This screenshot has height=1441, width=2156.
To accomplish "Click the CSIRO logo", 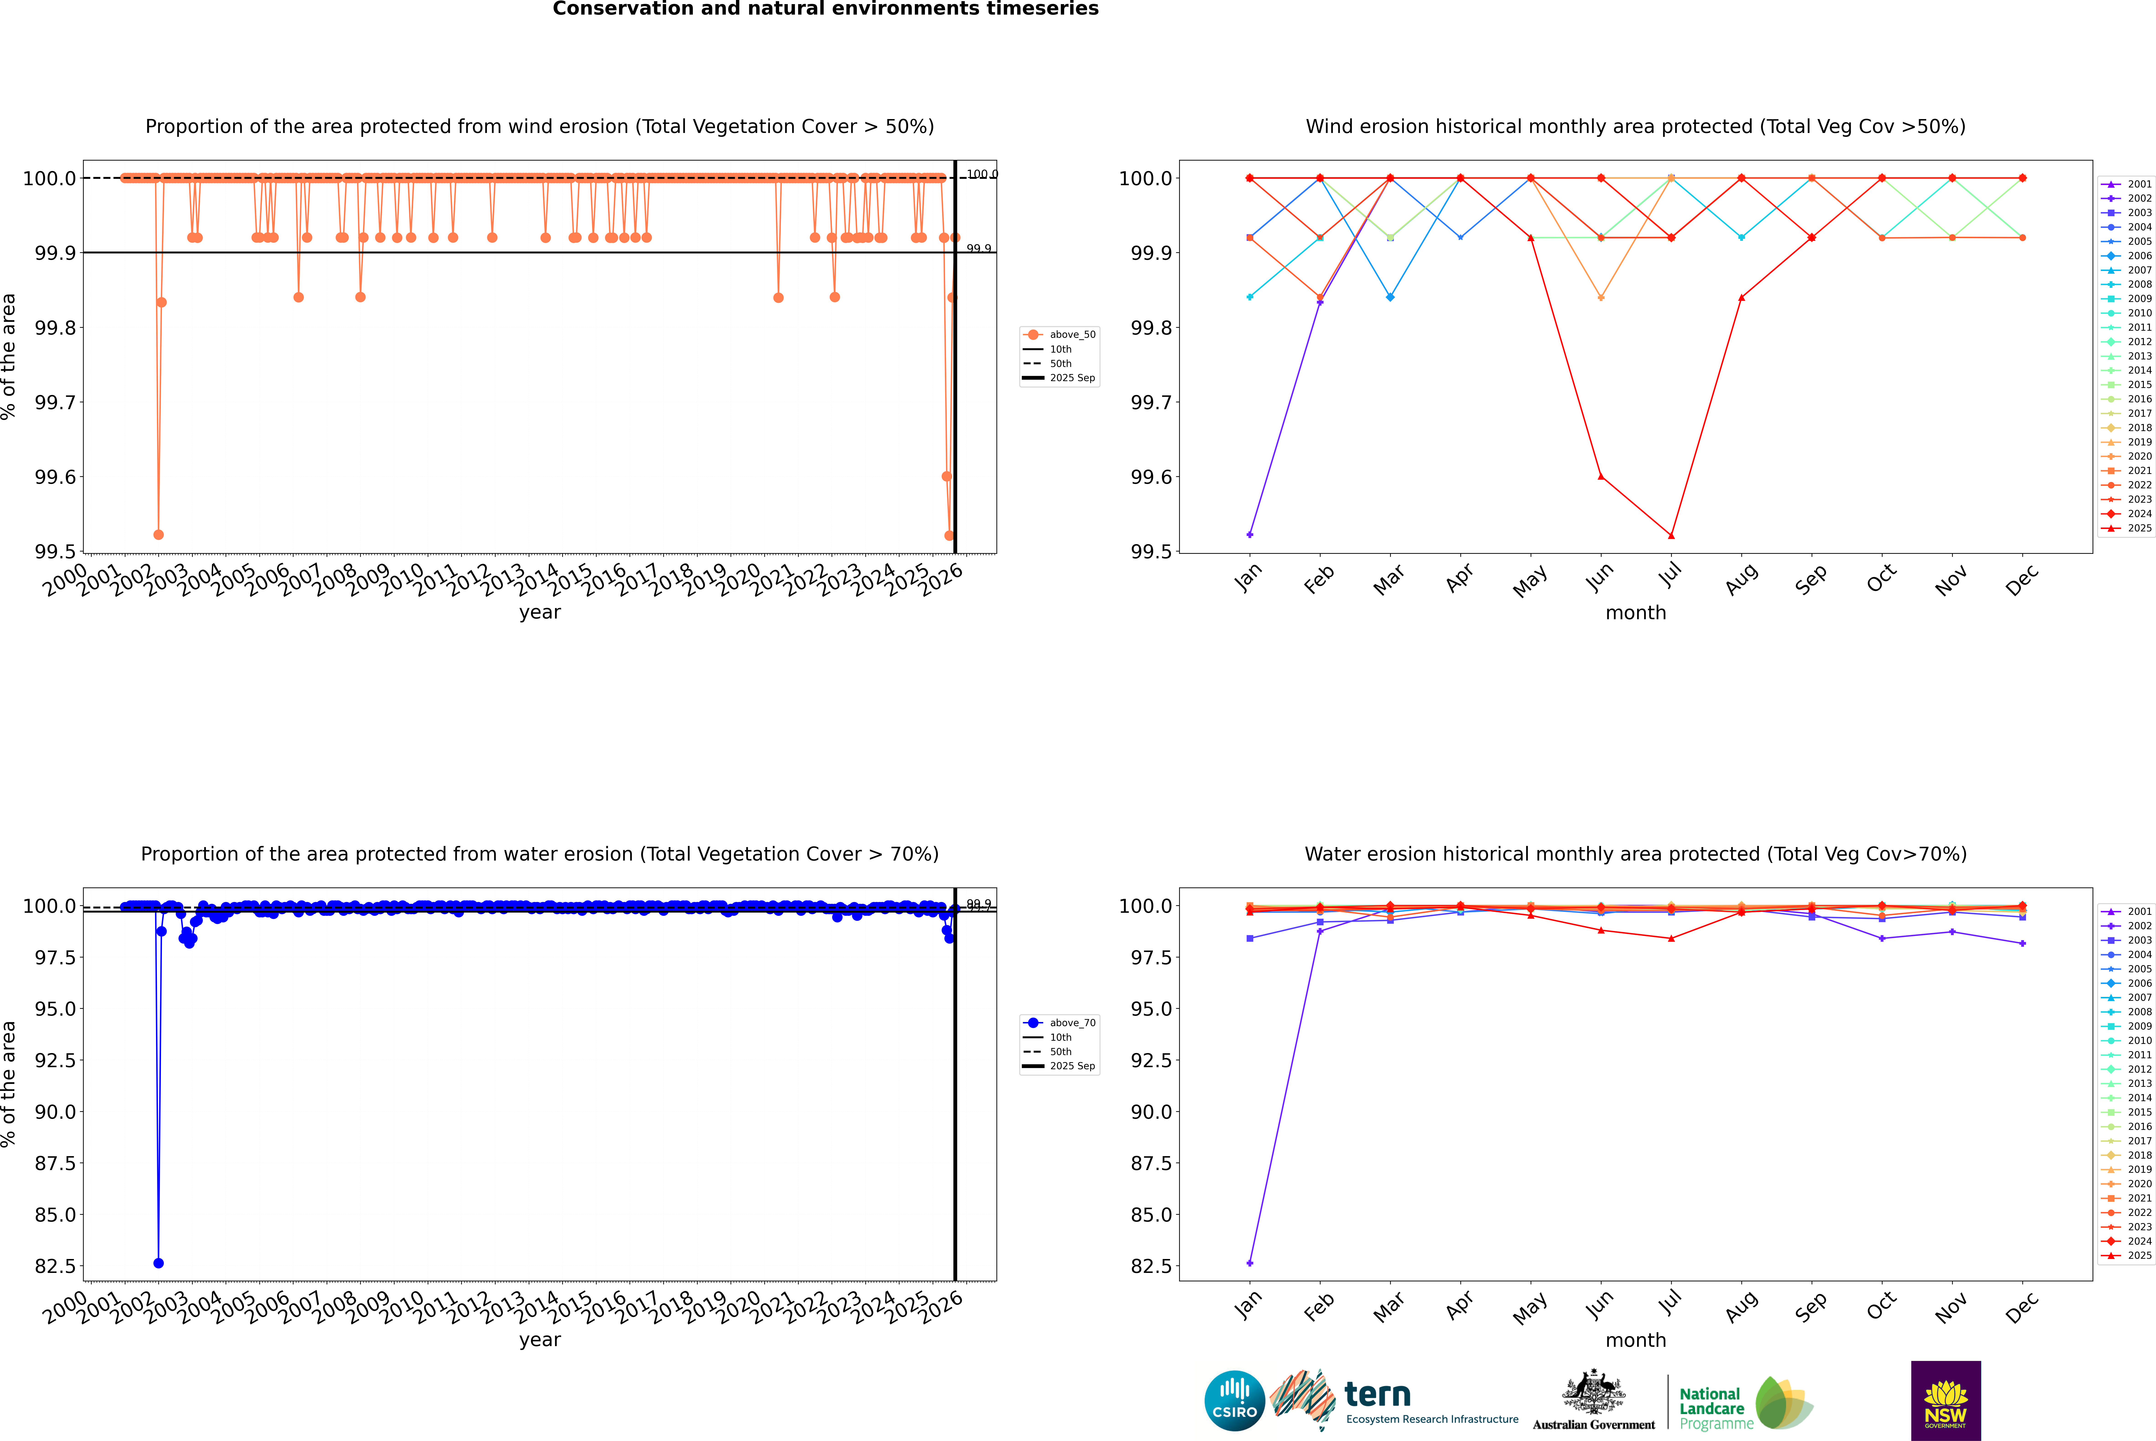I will coord(1234,1401).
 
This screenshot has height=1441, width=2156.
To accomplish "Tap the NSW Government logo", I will coord(1945,1401).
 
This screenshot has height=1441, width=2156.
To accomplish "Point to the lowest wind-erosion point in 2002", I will coord(158,534).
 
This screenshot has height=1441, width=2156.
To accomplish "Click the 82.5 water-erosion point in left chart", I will coord(158,1263).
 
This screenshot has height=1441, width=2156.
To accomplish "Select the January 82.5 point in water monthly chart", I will coord(1250,1263).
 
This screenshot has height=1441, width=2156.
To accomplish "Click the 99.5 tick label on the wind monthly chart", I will coord(1149,551).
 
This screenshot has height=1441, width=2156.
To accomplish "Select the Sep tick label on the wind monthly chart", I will coord(1810,579).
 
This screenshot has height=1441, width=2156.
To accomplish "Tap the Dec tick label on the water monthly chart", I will coord(2022,1307).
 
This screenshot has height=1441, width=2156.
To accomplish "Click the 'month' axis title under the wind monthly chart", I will coord(1635,613).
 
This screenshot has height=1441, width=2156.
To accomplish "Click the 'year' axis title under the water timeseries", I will coord(539,1340).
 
